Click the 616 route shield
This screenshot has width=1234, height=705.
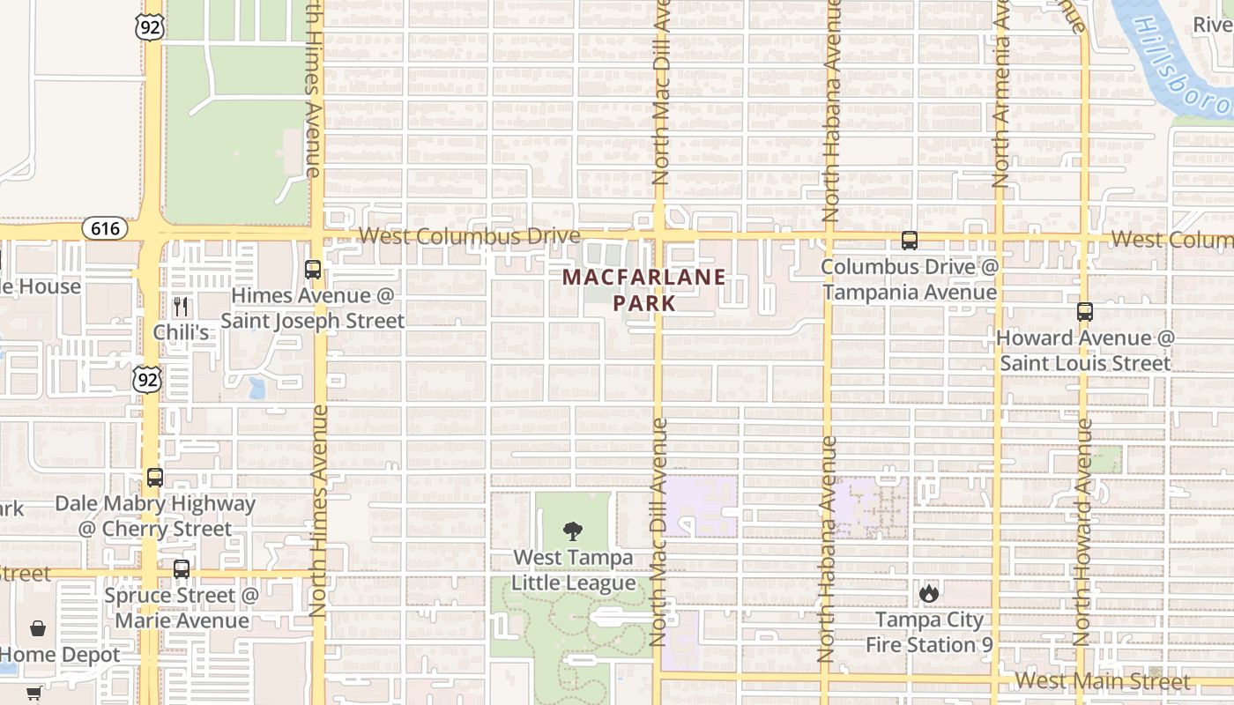point(105,228)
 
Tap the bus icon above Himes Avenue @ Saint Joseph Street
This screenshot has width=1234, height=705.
point(313,270)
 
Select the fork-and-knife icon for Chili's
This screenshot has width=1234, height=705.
point(181,307)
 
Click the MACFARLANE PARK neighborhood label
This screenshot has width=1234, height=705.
point(644,290)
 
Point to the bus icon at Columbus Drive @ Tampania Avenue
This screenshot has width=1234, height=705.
point(909,241)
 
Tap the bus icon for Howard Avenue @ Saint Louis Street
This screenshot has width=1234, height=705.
point(1085,312)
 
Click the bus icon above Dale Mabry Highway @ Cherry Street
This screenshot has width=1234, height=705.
point(155,478)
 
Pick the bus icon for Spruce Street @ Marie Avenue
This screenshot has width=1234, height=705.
point(182,569)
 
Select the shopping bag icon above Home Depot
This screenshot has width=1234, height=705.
point(38,628)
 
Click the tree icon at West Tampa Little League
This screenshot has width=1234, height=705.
point(573,531)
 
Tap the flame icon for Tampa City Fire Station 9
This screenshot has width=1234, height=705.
point(929,593)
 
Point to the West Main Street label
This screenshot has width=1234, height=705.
point(1102,681)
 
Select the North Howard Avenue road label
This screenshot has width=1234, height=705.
point(1083,529)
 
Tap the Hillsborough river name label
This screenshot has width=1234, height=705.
point(1181,66)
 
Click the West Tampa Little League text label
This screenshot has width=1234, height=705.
point(573,570)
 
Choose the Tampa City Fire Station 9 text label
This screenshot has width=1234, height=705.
point(929,632)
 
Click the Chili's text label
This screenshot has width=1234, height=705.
point(181,332)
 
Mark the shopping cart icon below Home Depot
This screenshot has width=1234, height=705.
point(33,694)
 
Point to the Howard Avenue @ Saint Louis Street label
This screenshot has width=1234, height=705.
point(1085,350)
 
